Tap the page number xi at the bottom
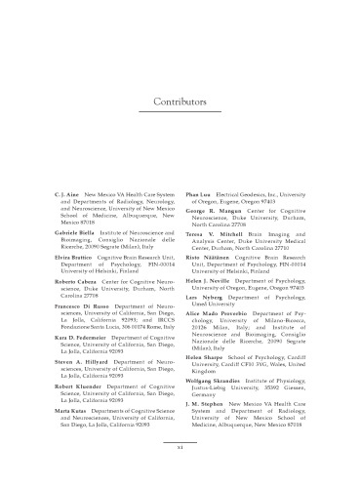(x=180, y=447)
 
